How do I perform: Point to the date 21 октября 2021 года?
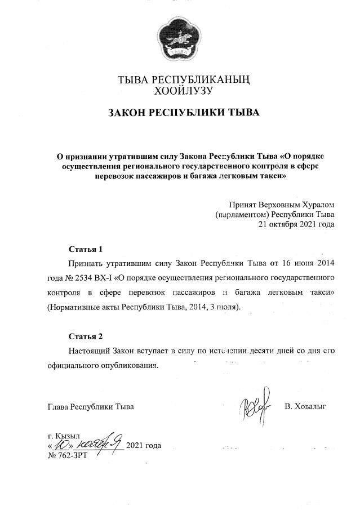296,224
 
